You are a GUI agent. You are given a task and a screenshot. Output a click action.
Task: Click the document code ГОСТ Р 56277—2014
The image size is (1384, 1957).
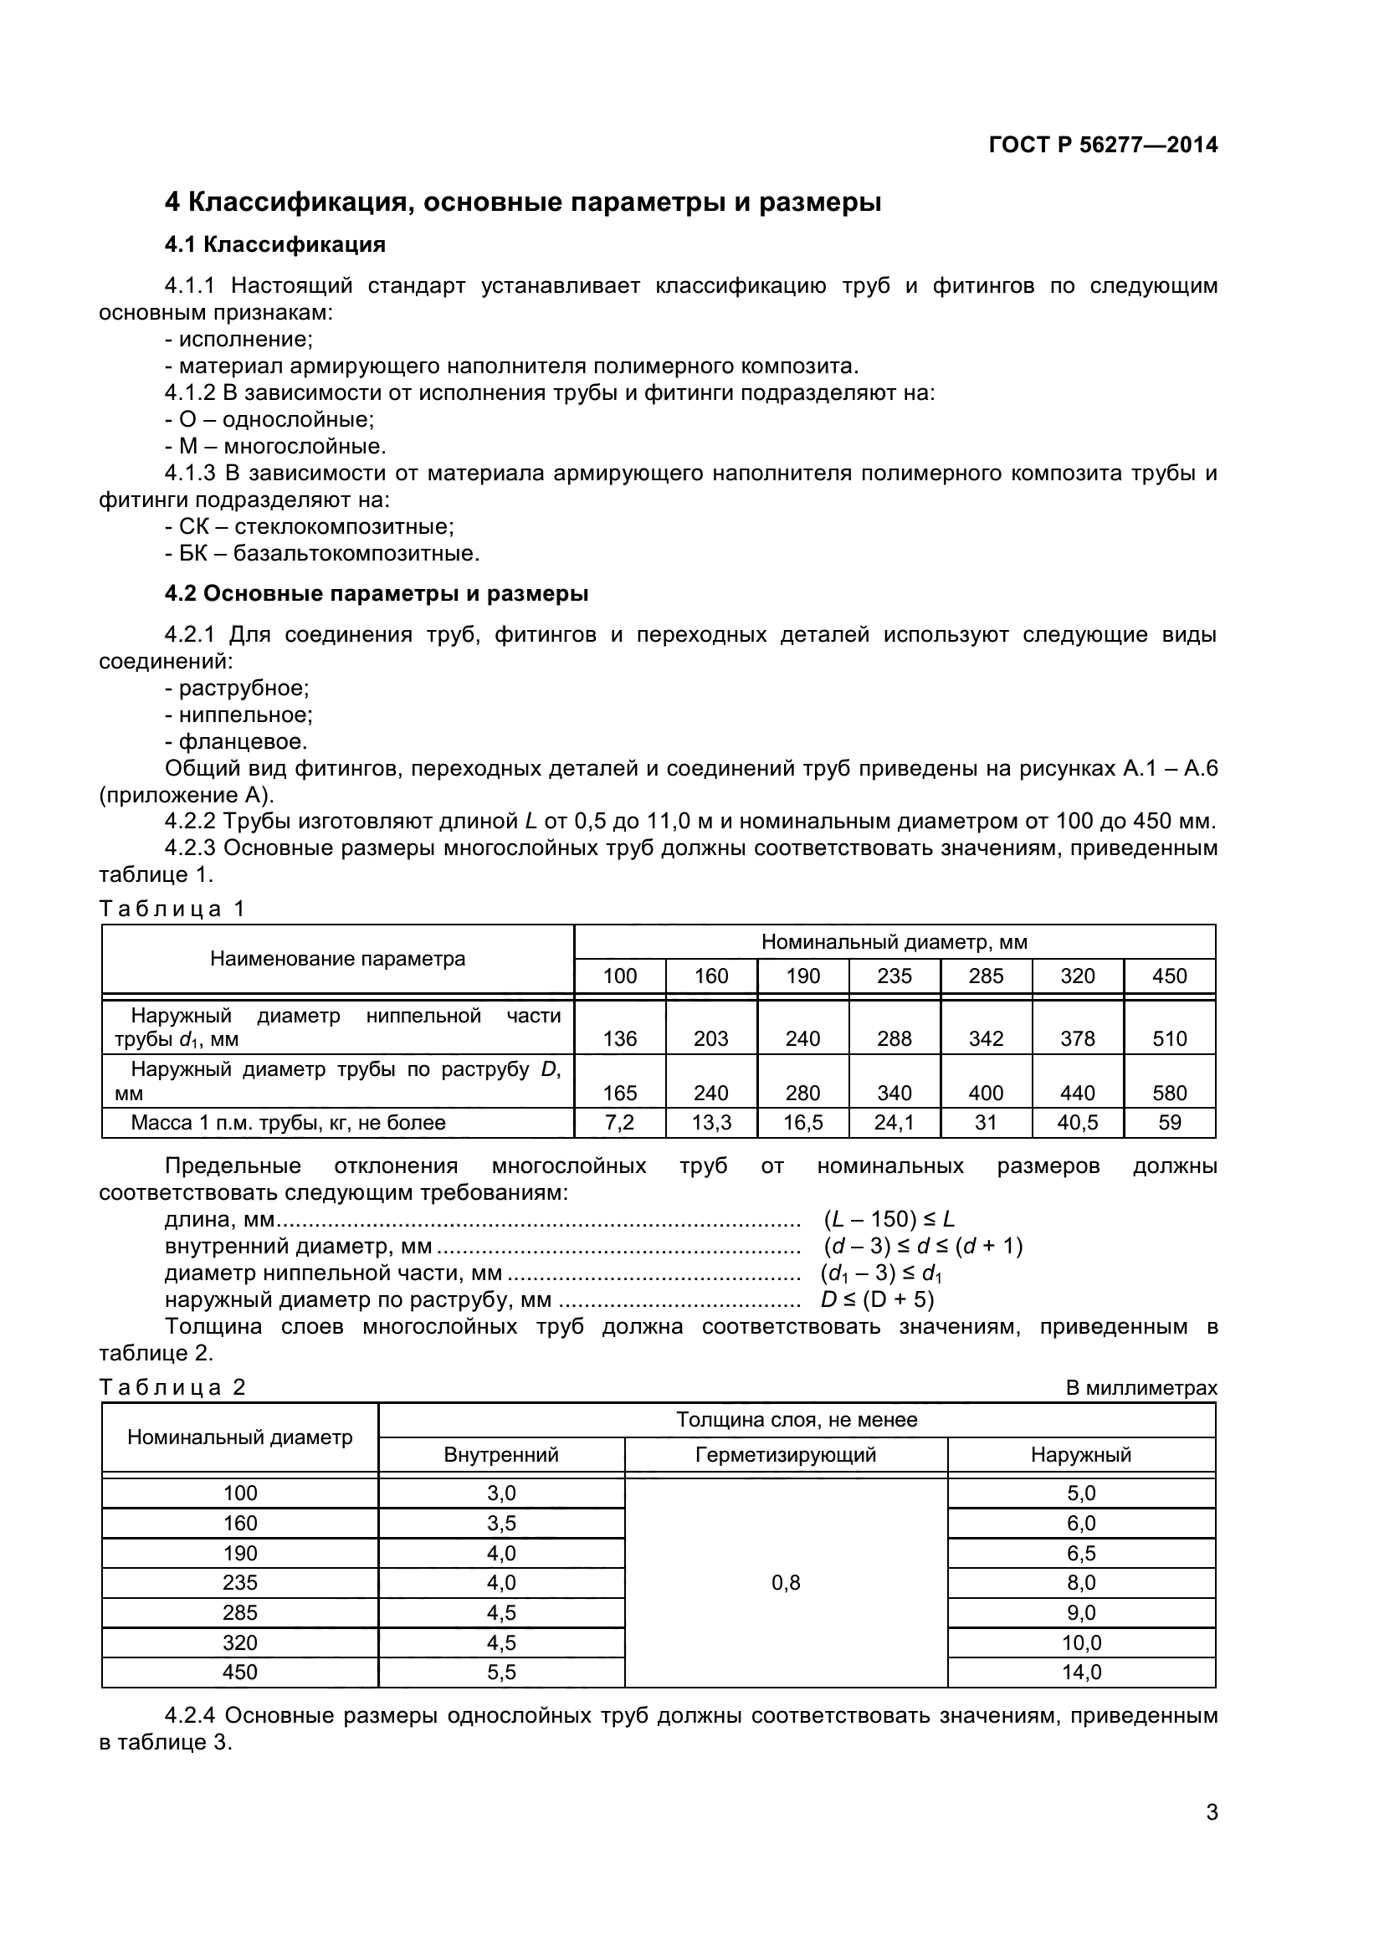point(1103,145)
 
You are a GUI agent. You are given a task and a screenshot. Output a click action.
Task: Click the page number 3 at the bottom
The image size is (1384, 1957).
point(1211,1836)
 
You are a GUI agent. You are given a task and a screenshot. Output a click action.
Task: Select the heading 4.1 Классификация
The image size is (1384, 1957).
point(274,245)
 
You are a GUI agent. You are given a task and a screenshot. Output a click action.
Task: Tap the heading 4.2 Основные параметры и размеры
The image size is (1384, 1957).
point(376,594)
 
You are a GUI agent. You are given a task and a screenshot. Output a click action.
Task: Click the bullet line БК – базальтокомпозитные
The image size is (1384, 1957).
point(322,554)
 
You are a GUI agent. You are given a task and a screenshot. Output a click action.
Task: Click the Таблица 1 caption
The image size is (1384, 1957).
point(172,909)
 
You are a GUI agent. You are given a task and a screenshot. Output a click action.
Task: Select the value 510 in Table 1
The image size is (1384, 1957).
point(1169,1038)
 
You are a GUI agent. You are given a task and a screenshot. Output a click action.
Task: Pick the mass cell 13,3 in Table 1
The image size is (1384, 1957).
point(710,1124)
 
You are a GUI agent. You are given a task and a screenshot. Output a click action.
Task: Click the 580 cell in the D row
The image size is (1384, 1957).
point(1169,1093)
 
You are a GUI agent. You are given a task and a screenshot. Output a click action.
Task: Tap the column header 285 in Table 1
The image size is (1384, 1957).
point(986,976)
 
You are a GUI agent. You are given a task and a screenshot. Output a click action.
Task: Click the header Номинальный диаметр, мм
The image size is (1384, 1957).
point(894,943)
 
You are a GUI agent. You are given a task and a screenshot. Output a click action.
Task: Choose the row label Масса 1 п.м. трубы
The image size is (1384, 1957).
point(288,1124)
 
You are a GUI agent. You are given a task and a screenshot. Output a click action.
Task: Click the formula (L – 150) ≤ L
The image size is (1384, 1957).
point(889,1220)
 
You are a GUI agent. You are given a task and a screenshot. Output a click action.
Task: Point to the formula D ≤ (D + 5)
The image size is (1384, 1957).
point(877,1300)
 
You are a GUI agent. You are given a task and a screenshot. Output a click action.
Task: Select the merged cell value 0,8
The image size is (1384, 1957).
point(786,1583)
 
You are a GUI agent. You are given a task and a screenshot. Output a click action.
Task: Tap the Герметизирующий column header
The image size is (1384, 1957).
point(786,1455)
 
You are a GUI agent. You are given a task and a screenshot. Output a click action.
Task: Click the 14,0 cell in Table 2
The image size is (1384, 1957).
point(1080,1673)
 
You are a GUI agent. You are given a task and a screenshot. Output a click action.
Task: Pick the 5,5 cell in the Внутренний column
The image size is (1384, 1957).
point(501,1673)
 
